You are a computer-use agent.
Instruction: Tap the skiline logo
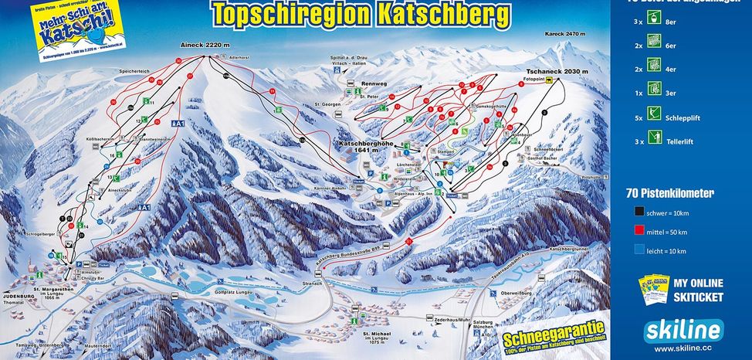[x=684, y=330]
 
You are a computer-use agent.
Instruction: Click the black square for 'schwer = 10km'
[x=637, y=212]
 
